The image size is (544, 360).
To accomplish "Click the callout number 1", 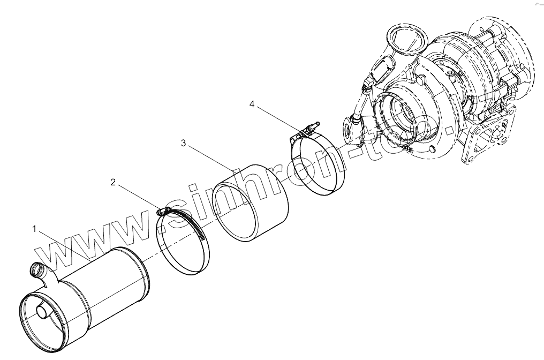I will pos(34,229).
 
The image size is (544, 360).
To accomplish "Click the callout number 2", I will pos(113,182).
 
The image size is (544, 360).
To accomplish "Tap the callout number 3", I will pos(184,143).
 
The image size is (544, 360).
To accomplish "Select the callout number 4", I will pos(252,104).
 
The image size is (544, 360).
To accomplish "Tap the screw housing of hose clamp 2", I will pos(163,212).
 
